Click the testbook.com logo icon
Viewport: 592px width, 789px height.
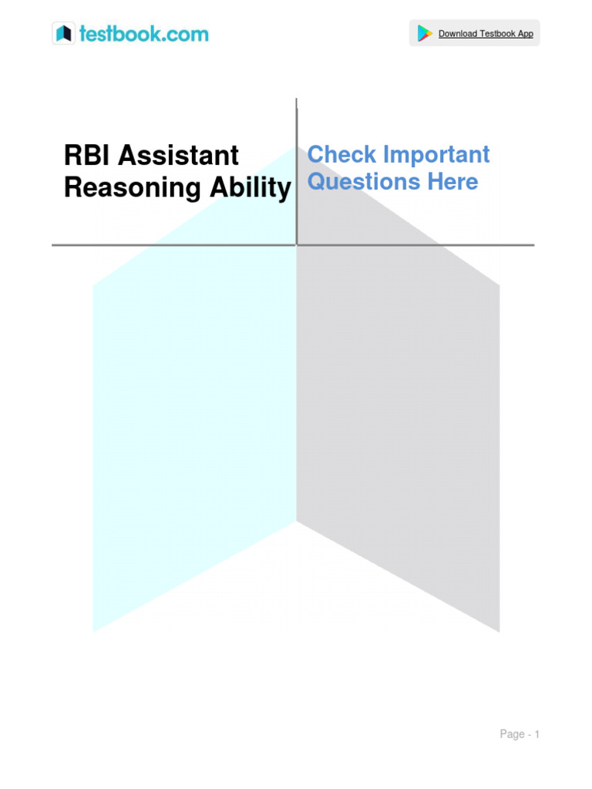pyautogui.click(x=63, y=33)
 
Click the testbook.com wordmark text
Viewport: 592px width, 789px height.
pyautogui.click(x=142, y=34)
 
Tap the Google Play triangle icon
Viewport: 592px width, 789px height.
pyautogui.click(x=424, y=33)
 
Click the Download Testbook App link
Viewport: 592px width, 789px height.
pyautogui.click(x=486, y=34)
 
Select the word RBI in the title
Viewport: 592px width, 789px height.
pyautogui.click(x=86, y=156)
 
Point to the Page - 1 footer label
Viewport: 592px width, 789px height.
pyautogui.click(x=520, y=734)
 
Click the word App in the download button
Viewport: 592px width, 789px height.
pyautogui.click(x=525, y=34)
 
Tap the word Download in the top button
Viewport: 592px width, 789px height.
pyautogui.click(x=458, y=34)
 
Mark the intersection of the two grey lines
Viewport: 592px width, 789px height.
pyautogui.click(x=297, y=245)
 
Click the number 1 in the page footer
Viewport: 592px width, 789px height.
pyautogui.click(x=536, y=734)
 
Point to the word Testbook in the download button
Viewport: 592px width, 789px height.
pyautogui.click(x=497, y=34)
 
